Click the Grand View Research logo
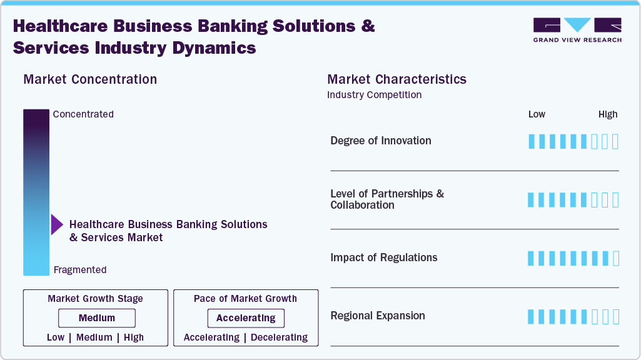577,30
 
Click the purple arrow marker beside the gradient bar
56,225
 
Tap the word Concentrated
83,114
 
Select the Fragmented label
80,270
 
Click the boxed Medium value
97,318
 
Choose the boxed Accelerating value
246,318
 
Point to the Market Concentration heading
90,79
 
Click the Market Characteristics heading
396,79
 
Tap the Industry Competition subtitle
374,95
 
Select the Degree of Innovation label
380,141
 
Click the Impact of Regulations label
383,257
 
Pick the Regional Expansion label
377,316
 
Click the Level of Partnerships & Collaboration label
386,199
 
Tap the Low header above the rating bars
537,114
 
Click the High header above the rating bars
607,114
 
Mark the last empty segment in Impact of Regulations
615,258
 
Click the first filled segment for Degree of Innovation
532,141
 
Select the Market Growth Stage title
95,299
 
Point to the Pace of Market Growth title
245,299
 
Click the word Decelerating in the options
279,337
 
